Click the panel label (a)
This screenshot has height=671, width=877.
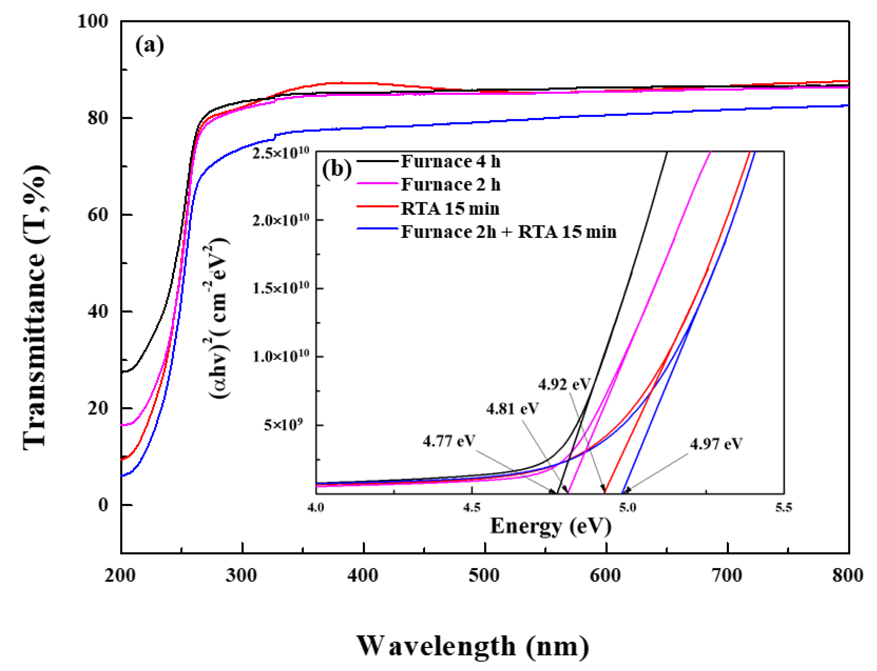149,45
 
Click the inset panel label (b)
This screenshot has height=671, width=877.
337,169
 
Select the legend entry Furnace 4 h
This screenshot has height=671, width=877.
450,161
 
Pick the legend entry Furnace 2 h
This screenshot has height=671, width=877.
450,185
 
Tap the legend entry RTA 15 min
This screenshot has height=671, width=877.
450,208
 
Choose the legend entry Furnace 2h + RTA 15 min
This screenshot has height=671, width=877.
508,232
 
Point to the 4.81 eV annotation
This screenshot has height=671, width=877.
512,409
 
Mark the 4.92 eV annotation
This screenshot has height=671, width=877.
564,384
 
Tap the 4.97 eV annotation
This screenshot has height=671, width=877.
716,444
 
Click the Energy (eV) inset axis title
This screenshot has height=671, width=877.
551,526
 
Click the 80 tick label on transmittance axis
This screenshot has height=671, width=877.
98,118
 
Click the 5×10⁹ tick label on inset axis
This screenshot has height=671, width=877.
283,425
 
